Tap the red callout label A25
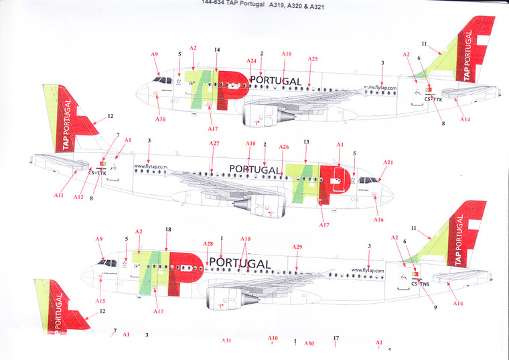pos(312,59)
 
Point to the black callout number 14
pos(216,50)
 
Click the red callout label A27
pos(214,144)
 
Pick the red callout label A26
pos(284,147)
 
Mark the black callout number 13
pos(306,142)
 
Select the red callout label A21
pos(388,162)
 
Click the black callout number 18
pos(167,229)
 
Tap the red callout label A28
pos(208,243)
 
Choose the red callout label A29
pos(297,247)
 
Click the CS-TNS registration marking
pos(421,284)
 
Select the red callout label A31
pos(227,341)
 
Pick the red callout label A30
pos(309,343)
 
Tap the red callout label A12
pos(78,197)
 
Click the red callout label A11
pos(58,195)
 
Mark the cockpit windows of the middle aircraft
pos(368,180)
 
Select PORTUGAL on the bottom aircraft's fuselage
pos(240,263)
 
